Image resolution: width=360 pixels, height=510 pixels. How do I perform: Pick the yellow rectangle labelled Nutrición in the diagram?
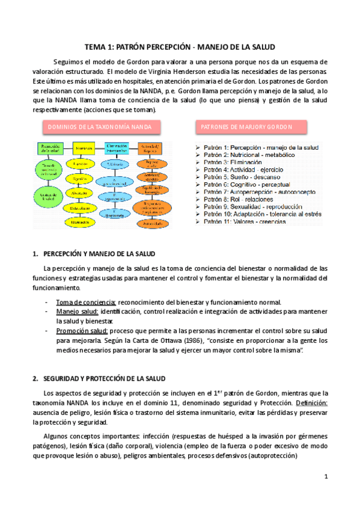(x=84, y=148)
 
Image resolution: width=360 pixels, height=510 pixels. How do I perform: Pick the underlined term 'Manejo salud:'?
(x=77, y=312)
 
